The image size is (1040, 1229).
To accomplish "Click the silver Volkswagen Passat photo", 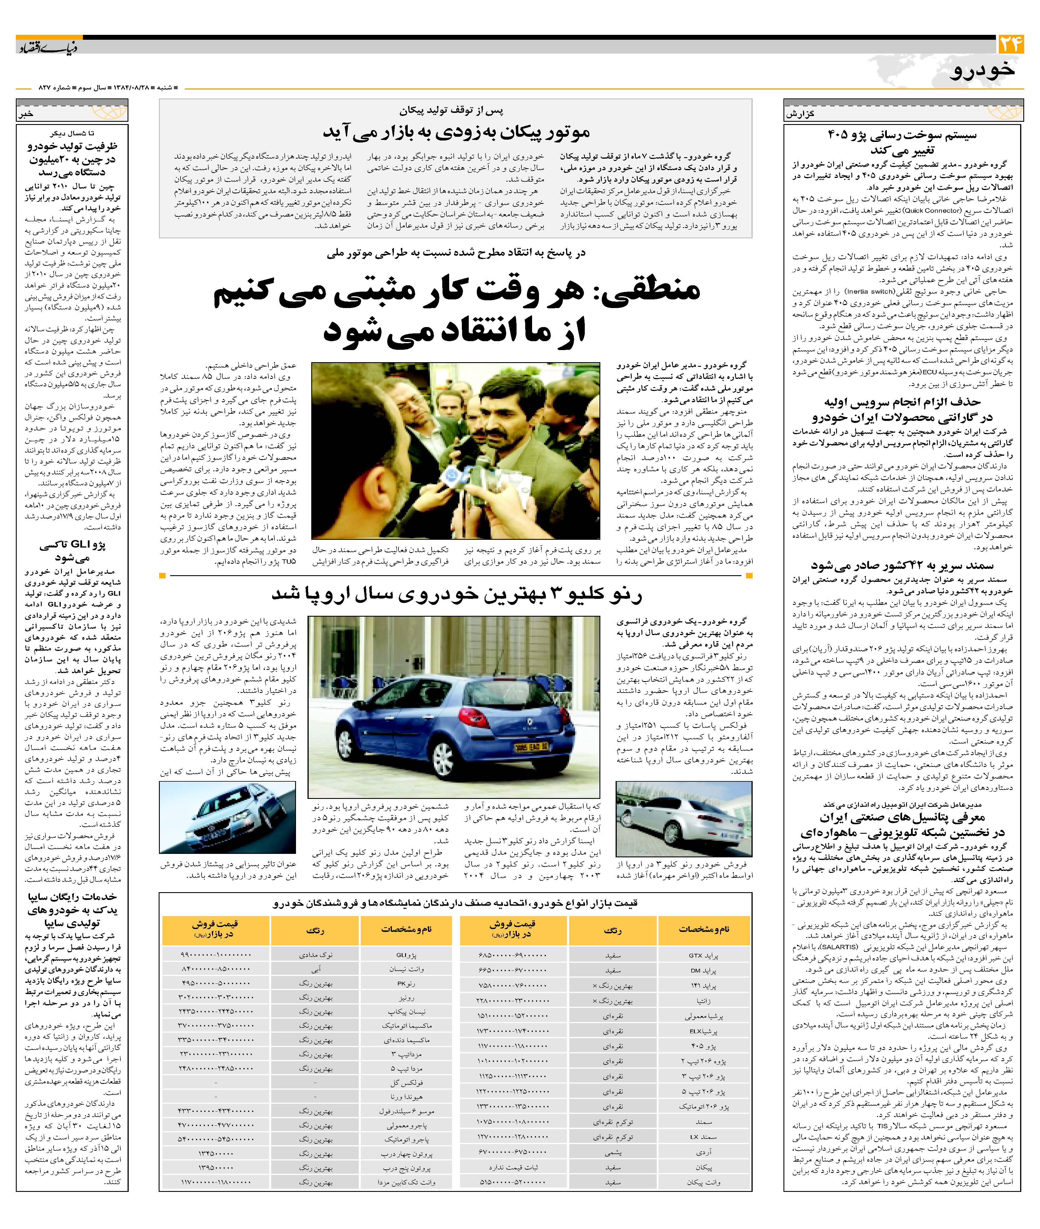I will (x=227, y=817).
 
